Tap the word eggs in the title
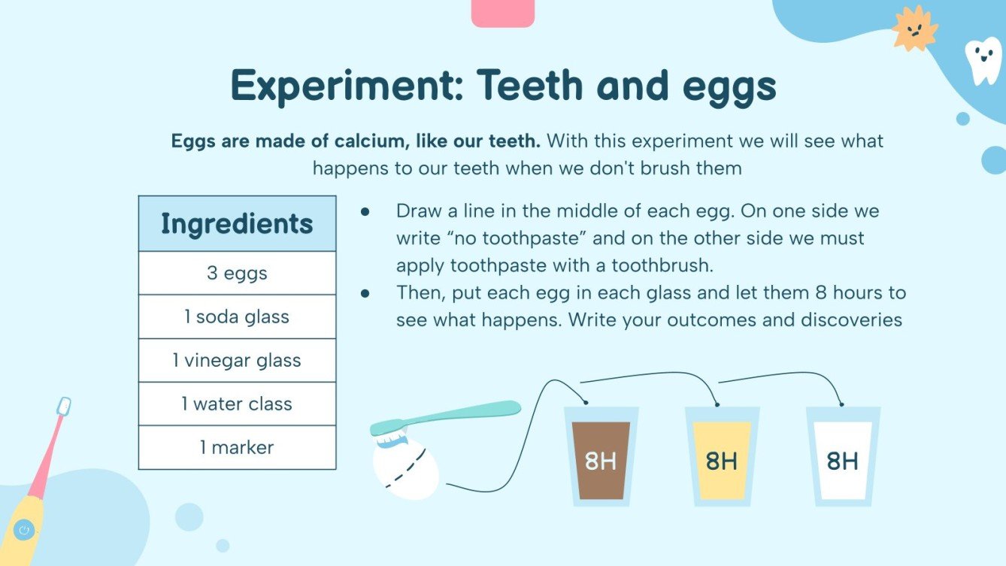pyautogui.click(x=729, y=86)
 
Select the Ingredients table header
pyautogui.click(x=237, y=224)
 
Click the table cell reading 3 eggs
pyautogui.click(x=237, y=273)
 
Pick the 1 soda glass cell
pyautogui.click(x=237, y=316)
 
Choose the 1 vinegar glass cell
pyautogui.click(x=237, y=360)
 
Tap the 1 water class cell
pyautogui.click(x=237, y=404)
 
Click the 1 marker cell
pyautogui.click(x=237, y=447)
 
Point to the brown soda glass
pyautogui.click(x=601, y=459)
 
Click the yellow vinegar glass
pyautogui.click(x=722, y=459)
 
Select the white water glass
pyautogui.click(x=843, y=459)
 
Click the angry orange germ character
pyautogui.click(x=915, y=29)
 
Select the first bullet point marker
pyautogui.click(x=365, y=212)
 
